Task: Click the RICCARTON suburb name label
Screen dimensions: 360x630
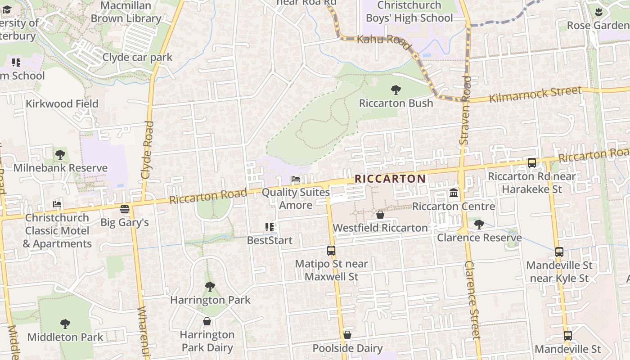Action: [x=390, y=179]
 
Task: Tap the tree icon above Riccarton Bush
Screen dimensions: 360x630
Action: [x=396, y=90]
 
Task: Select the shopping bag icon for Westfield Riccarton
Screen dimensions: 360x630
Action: [x=380, y=215]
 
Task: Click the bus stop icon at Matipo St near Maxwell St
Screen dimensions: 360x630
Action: [x=331, y=251]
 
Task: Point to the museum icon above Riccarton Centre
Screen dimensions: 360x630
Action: [x=454, y=193]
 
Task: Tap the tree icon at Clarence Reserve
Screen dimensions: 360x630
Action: [x=479, y=224]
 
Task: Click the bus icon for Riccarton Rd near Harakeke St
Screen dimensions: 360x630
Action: [x=532, y=163]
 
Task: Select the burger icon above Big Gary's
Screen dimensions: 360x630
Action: [x=125, y=209]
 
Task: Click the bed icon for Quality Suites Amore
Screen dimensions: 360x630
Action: [x=296, y=179]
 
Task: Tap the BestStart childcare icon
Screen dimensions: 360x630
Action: [x=270, y=227]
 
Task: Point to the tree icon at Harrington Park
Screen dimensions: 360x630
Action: [x=210, y=287]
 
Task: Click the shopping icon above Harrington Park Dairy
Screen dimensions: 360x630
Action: [x=207, y=321]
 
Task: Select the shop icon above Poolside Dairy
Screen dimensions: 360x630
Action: [x=347, y=335]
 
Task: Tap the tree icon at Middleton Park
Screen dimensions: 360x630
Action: [x=65, y=324]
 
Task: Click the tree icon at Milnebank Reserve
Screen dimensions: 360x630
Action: [x=60, y=155]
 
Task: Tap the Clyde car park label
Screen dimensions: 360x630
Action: [x=137, y=57]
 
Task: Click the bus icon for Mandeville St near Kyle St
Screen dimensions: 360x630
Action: [x=559, y=252]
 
